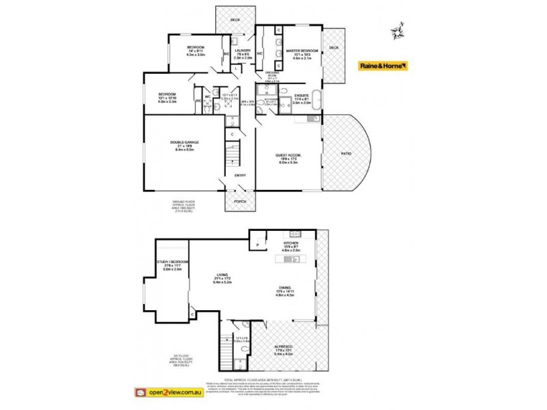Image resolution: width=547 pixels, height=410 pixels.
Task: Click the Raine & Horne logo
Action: pos(384,66)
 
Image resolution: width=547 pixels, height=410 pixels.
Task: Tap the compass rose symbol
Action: pos(397,31)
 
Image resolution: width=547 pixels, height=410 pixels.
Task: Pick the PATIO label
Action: pos(346,153)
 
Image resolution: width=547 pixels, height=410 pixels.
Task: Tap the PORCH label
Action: pos(240,202)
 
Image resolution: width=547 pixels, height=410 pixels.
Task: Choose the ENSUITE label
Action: pos(303,96)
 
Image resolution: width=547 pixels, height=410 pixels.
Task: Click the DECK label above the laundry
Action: pos(235,20)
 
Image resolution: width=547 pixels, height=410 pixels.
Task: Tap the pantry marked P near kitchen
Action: pos(257,243)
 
